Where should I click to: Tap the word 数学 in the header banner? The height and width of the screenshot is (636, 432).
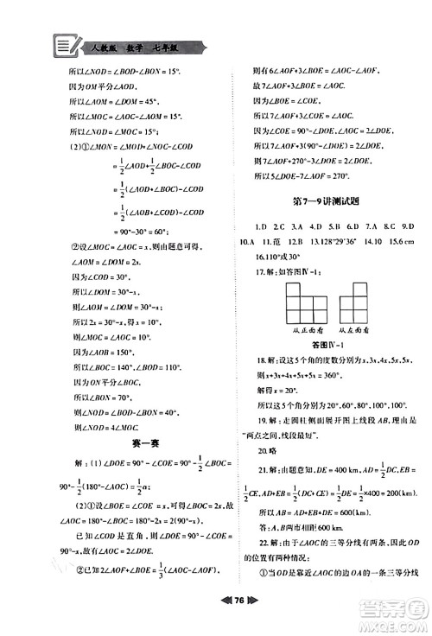[x=134, y=44]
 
